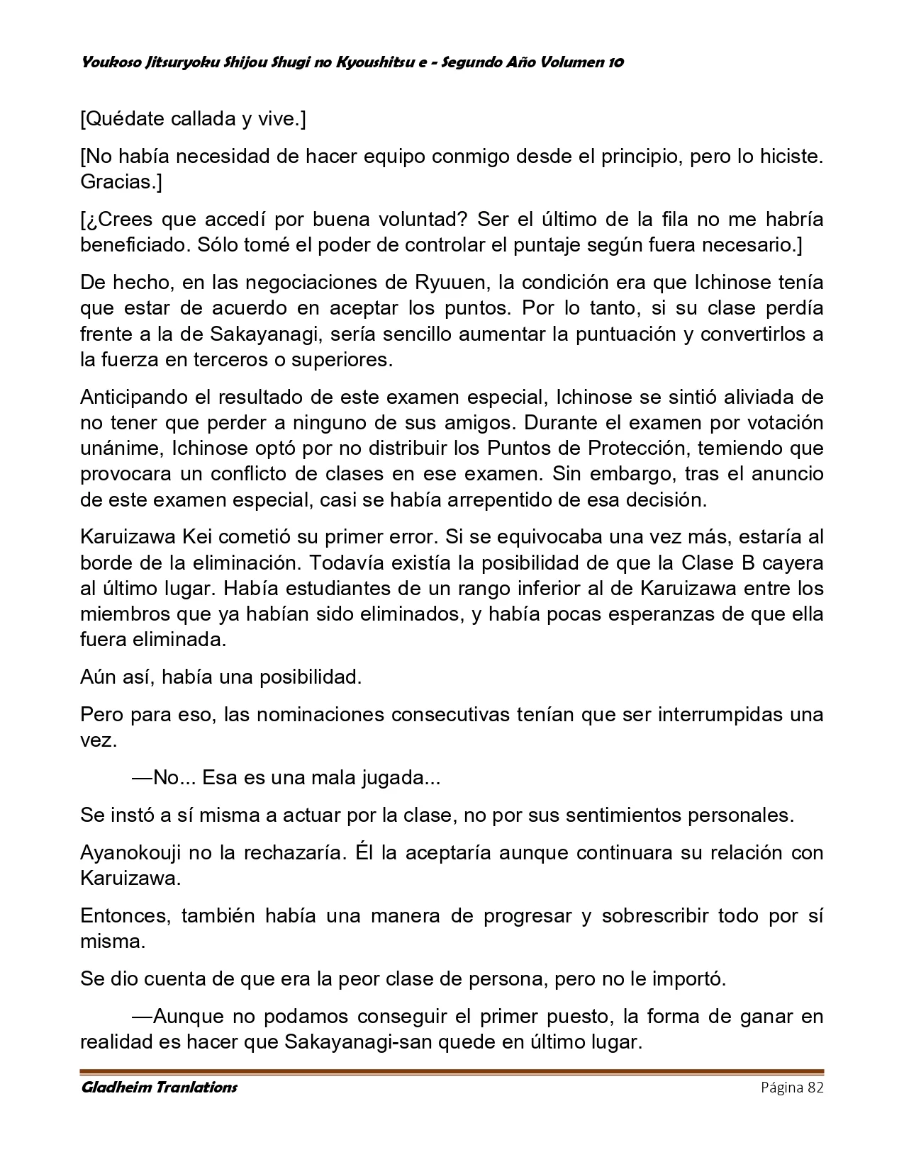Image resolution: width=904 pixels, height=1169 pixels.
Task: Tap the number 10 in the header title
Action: (x=615, y=62)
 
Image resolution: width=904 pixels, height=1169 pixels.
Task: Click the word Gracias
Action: (x=120, y=182)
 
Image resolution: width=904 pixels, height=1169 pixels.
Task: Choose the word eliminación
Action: (x=236, y=563)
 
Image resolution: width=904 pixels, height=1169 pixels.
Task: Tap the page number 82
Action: (x=815, y=1088)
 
